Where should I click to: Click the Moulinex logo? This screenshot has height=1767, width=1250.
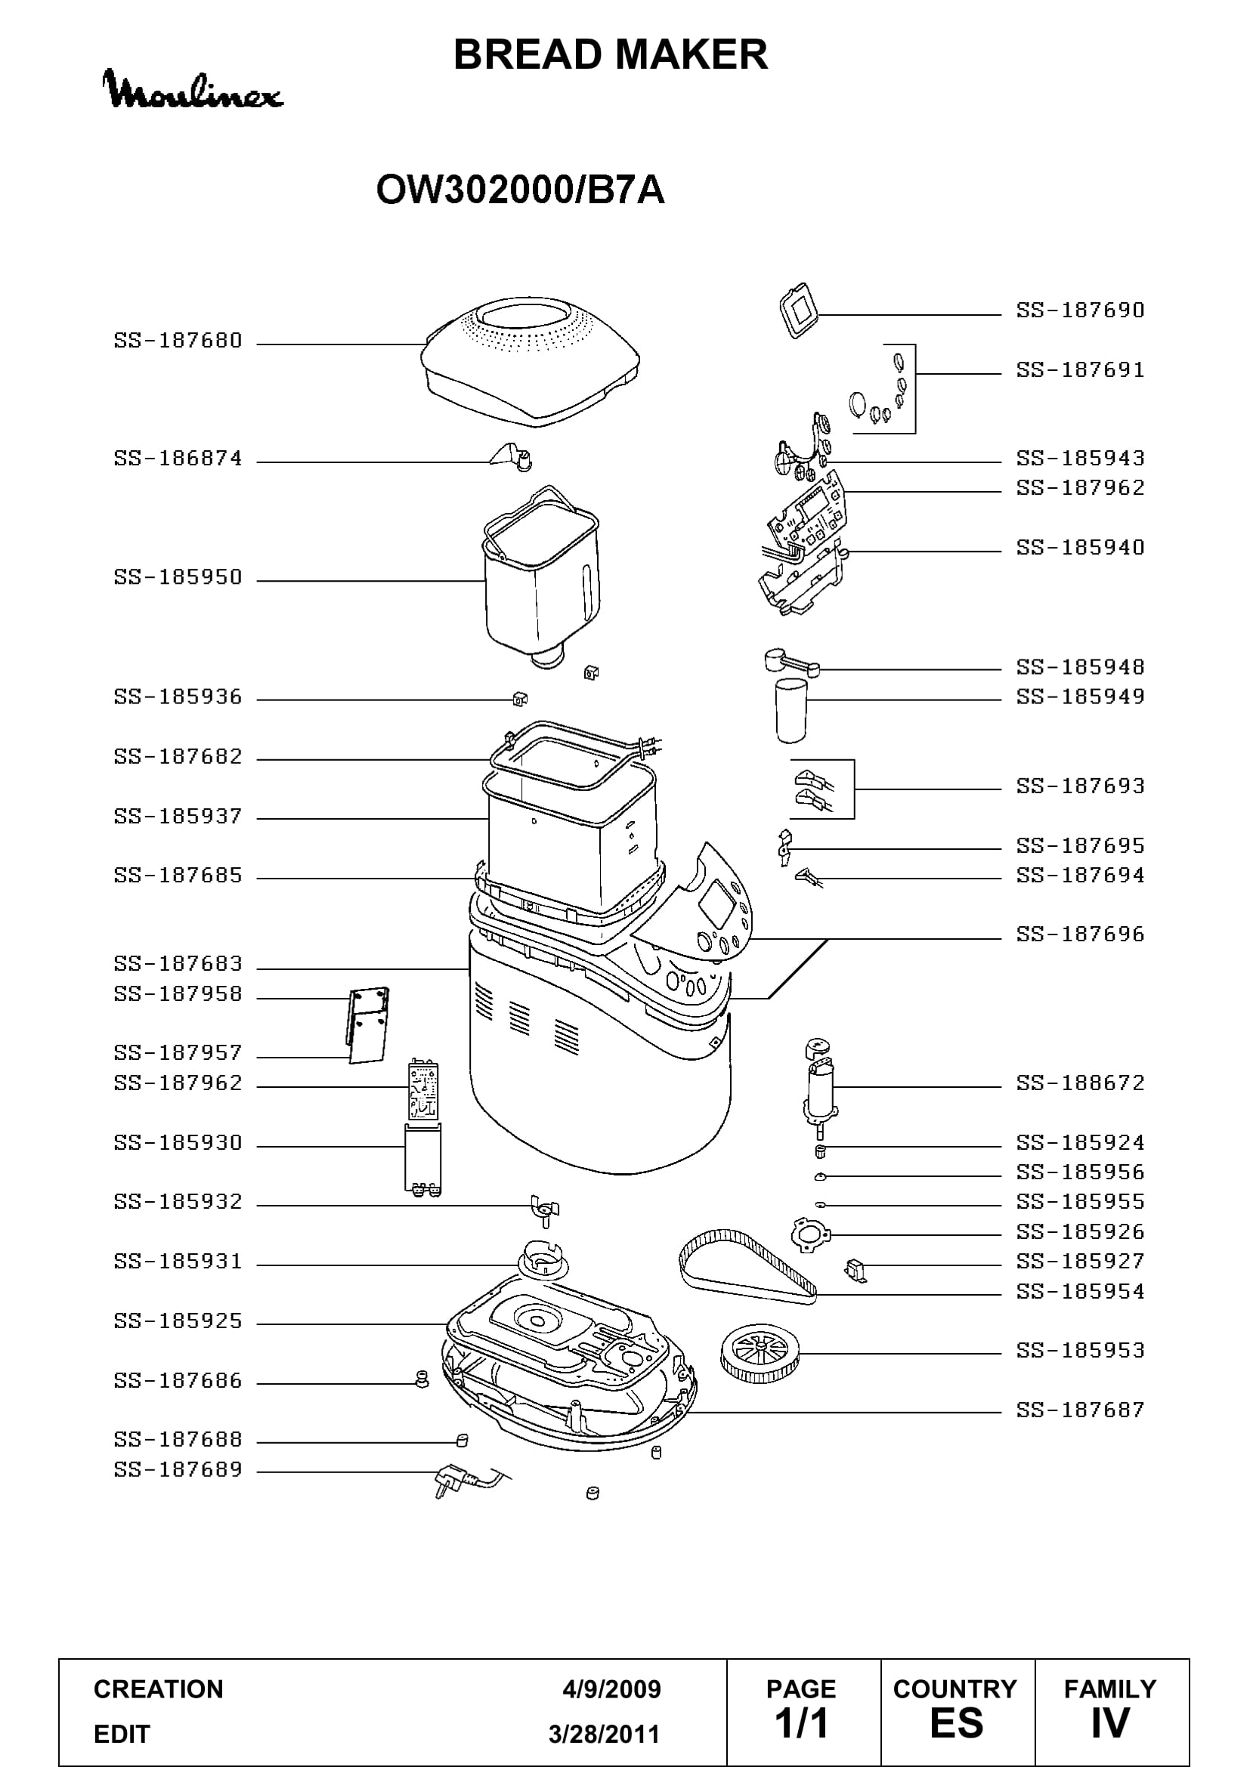tap(193, 89)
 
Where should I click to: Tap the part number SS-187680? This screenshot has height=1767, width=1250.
tap(178, 341)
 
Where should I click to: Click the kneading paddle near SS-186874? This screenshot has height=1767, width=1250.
tap(510, 456)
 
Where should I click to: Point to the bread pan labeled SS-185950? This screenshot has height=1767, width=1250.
tap(541, 577)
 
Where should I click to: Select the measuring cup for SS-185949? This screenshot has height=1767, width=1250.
tap(791, 710)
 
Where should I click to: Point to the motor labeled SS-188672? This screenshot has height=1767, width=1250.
tap(820, 1087)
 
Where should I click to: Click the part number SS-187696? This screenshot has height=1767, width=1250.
tap(1080, 934)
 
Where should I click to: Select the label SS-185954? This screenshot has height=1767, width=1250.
tap(1080, 1291)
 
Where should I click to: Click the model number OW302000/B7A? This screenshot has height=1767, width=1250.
tap(520, 190)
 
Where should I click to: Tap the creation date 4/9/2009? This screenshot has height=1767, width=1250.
tap(611, 1689)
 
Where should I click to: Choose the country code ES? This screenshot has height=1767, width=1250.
tap(956, 1723)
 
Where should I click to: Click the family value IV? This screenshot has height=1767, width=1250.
tap(1109, 1723)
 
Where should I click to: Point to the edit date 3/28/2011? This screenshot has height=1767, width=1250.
tap(605, 1735)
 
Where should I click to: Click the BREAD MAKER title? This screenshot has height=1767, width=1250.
tap(611, 54)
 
